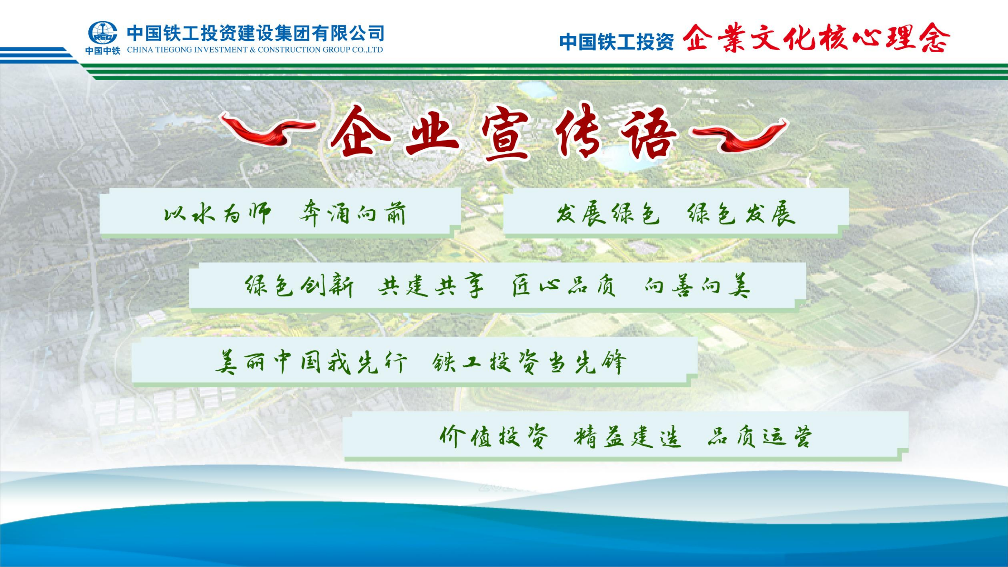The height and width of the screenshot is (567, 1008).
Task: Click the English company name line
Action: (255, 50)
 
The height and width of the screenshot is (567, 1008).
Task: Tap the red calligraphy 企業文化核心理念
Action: (816, 38)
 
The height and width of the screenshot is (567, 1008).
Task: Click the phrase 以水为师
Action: (217, 214)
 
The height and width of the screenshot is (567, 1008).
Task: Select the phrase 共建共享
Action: (431, 286)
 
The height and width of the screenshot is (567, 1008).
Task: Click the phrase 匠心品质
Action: (564, 286)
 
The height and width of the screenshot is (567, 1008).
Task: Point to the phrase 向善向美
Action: (697, 286)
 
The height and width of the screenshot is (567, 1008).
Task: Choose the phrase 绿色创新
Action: (299, 286)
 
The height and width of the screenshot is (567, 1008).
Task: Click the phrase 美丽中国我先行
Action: (311, 362)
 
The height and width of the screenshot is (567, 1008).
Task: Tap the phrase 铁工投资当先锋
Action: (529, 362)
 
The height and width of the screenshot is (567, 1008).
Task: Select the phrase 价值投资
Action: (494, 437)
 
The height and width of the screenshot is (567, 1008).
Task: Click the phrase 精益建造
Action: (627, 437)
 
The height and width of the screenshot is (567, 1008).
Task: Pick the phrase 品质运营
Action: (760, 437)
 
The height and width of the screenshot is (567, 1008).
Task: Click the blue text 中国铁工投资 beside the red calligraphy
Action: (617, 42)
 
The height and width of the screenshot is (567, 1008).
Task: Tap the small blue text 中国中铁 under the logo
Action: (103, 51)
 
